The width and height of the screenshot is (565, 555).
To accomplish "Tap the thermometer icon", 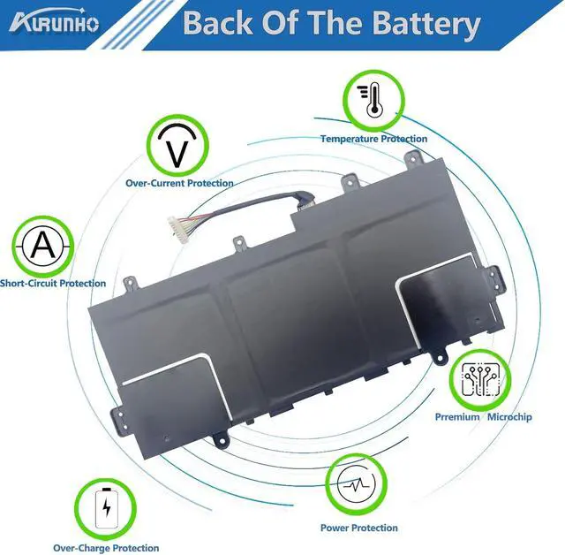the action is coord(370,102).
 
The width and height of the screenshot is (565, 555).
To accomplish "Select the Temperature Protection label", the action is coord(373,139).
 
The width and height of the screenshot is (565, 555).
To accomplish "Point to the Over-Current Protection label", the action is coord(179,183).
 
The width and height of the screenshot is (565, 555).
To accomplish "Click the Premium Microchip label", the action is coord(483,416).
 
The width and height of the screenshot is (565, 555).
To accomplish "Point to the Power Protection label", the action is coord(358,528).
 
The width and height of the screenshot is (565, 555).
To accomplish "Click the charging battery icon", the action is coord(107,506).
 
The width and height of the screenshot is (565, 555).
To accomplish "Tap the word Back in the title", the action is coord(215,24).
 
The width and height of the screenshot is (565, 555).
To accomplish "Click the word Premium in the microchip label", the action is coord(457,416).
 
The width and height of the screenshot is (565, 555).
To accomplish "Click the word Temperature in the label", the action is coord(349,139).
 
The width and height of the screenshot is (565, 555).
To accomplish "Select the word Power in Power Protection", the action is coord(335,528).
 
